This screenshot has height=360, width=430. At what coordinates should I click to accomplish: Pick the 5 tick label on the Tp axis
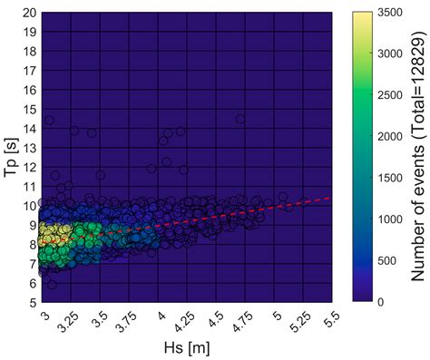pyautogui.click(x=33, y=301)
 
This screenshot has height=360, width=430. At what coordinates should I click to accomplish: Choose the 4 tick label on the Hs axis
pyautogui.click(x=161, y=315)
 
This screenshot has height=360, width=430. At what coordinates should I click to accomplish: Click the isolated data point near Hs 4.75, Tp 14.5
pyautogui.click(x=240, y=119)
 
